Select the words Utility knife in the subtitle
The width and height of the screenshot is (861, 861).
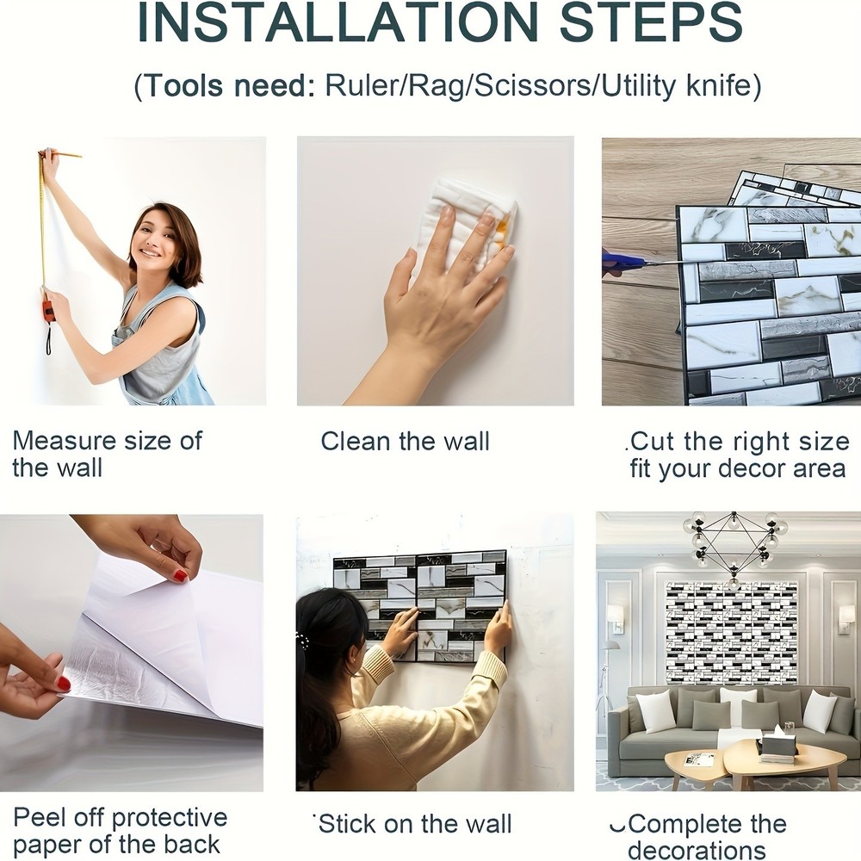[x=681, y=86]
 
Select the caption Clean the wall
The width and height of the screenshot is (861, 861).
[x=405, y=442]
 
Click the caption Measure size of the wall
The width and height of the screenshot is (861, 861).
[x=107, y=455]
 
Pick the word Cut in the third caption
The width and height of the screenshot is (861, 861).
[x=653, y=442]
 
